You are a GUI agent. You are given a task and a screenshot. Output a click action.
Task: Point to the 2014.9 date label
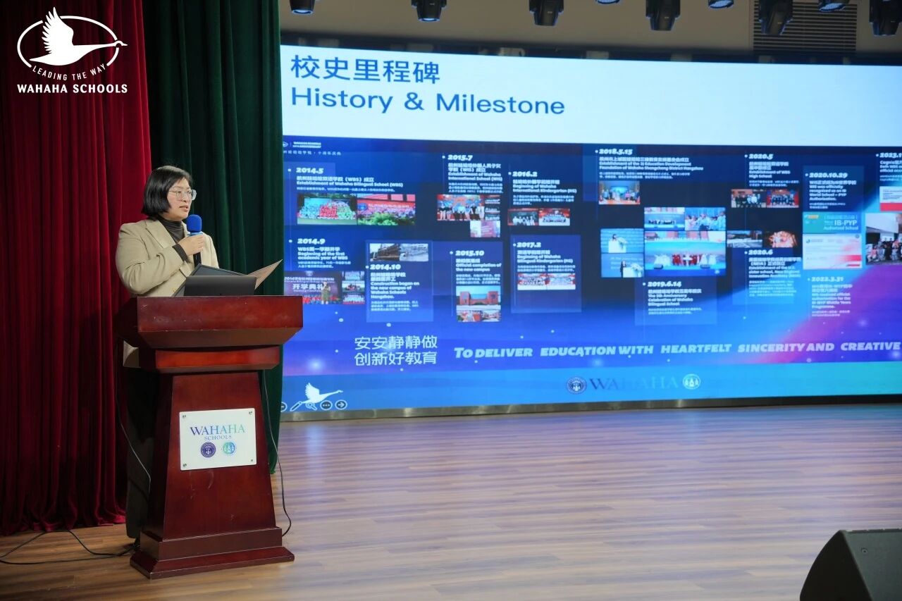pyautogui.click(x=311, y=241)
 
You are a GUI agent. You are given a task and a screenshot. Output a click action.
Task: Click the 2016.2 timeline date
pyautogui.click(x=524, y=173)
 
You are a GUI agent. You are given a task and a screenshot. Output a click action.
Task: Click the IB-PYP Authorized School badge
pyautogui.click(x=832, y=223)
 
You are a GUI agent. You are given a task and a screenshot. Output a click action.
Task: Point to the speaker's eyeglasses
pyautogui.click(x=183, y=194)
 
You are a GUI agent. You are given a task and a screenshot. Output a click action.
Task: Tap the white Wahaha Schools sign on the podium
pyautogui.click(x=218, y=438)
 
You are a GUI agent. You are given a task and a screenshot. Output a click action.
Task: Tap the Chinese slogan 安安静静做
pyautogui.click(x=395, y=342)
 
